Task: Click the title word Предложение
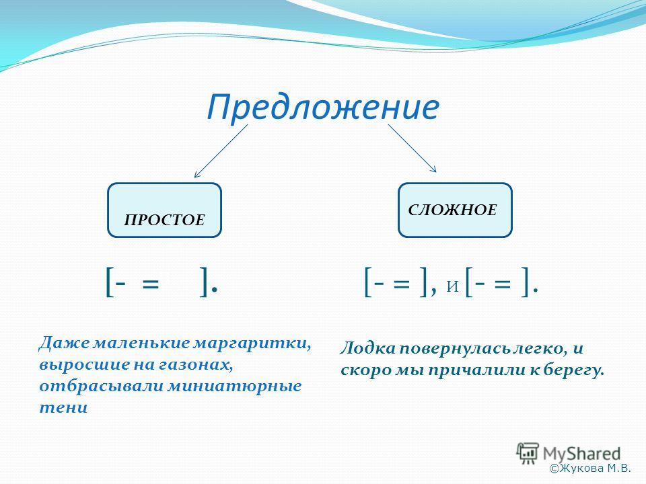coord(322,107)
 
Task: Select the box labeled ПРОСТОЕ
coord(164,210)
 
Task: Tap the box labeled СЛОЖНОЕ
coord(455,210)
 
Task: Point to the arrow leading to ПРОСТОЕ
coord(221,151)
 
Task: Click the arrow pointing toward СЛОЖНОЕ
coord(412,148)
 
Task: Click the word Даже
coord(63,344)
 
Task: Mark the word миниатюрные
coord(236,387)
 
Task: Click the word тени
coord(63,408)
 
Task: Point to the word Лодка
coord(367,348)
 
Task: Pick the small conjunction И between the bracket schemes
coord(453,286)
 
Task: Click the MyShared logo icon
coord(528,454)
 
